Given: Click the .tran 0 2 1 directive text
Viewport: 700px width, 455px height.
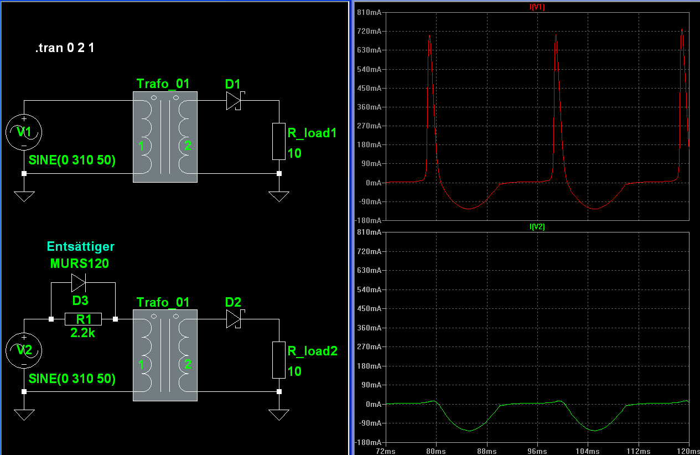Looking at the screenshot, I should click(65, 48).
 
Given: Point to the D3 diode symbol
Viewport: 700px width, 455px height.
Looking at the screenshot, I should click(79, 283).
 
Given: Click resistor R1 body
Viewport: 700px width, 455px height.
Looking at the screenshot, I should click(83, 319).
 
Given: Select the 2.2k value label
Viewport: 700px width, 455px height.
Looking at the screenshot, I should click(82, 333).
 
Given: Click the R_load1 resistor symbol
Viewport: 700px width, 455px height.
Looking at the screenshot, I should click(279, 141).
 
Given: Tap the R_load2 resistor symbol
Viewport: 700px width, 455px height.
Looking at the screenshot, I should click(279, 360).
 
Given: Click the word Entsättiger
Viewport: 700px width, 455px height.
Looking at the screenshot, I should click(81, 246).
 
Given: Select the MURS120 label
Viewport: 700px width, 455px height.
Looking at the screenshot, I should click(80, 263).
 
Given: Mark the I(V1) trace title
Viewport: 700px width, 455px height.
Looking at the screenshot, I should click(537, 7).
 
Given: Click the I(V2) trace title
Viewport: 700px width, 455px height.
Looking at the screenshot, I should click(537, 226).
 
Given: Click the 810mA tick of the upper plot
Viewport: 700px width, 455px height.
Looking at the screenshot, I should click(369, 12).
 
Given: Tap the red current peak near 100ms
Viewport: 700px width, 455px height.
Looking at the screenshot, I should click(556, 37).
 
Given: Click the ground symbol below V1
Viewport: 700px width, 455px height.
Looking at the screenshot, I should click(24, 196).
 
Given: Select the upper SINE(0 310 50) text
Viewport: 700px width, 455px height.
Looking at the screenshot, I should click(72, 161).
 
